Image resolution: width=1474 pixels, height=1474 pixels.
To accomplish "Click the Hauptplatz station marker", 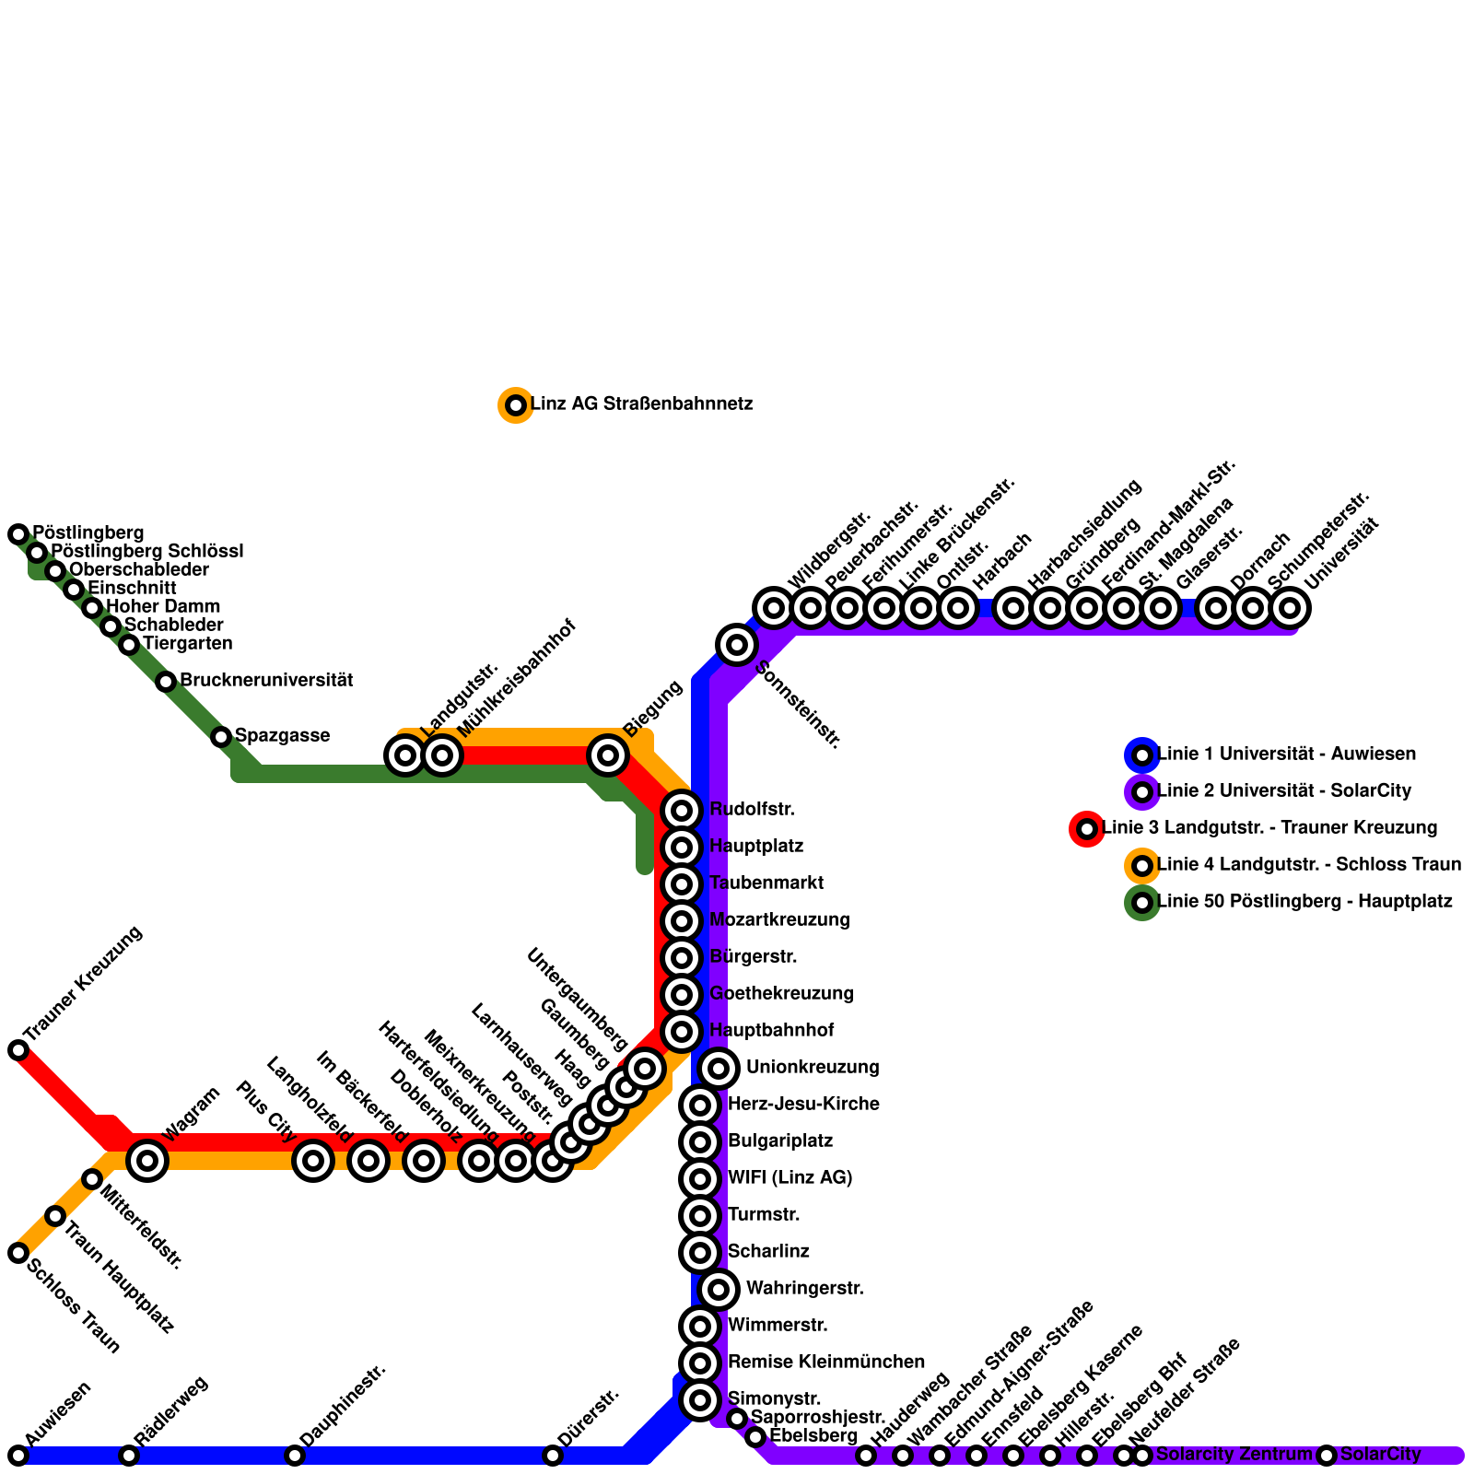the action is pyautogui.click(x=682, y=847).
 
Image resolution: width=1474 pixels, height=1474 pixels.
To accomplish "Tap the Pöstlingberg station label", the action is pyautogui.click(x=88, y=533).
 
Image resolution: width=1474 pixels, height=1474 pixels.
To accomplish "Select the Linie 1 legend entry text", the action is pyautogui.click(x=1286, y=755).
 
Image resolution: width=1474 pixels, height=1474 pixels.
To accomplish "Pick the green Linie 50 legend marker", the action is pyautogui.click(x=1142, y=903).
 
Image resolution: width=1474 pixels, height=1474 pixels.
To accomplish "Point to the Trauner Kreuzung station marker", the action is pyautogui.click(x=18, y=1050).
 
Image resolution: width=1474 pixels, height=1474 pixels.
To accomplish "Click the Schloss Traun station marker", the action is pyautogui.click(x=18, y=1253).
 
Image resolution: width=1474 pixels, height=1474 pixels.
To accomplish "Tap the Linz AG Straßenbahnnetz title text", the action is pyautogui.click(x=641, y=404).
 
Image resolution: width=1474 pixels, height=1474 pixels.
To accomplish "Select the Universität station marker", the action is pyautogui.click(x=1290, y=608).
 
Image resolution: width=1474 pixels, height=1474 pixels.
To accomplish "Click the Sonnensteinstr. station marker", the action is pyautogui.click(x=736, y=645).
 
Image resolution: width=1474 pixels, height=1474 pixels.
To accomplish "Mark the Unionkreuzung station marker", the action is pyautogui.click(x=719, y=1069).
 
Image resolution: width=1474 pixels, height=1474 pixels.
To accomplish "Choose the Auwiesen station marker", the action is pyautogui.click(x=18, y=1456).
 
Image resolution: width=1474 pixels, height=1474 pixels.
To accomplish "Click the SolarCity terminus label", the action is pyautogui.click(x=1380, y=1455).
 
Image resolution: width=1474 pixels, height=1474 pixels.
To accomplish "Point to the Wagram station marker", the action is pyautogui.click(x=147, y=1161).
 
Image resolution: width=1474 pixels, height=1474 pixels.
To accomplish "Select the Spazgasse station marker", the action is pyautogui.click(x=221, y=737).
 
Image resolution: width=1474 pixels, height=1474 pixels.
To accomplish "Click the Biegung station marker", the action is pyautogui.click(x=608, y=755).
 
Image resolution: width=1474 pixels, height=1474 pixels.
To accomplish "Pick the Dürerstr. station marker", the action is pyautogui.click(x=553, y=1456).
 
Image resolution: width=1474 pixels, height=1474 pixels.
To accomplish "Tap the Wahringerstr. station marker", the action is pyautogui.click(x=719, y=1290).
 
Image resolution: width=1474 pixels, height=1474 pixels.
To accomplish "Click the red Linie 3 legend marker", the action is pyautogui.click(x=1087, y=829).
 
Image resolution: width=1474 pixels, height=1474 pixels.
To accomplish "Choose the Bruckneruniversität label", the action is pyautogui.click(x=266, y=681).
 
